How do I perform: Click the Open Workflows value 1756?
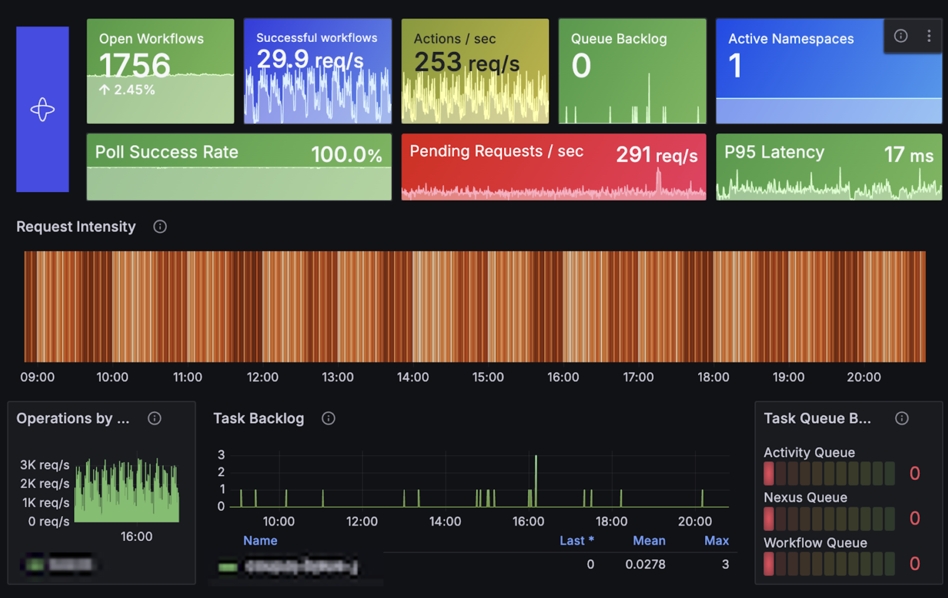pyautogui.click(x=134, y=65)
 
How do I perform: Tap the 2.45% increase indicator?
pyautogui.click(x=127, y=90)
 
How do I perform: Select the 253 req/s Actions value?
pyautogui.click(x=467, y=62)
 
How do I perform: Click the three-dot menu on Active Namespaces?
pyautogui.click(x=929, y=36)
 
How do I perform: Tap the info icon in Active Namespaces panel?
pyautogui.click(x=901, y=36)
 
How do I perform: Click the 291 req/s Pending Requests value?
pyautogui.click(x=656, y=154)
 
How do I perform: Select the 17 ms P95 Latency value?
pyautogui.click(x=908, y=154)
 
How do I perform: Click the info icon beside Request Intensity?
pyautogui.click(x=160, y=227)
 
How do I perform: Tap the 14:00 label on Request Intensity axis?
pyautogui.click(x=413, y=377)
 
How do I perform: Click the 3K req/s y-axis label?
pyautogui.click(x=44, y=465)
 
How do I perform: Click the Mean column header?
pyautogui.click(x=649, y=540)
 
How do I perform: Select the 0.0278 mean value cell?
pyautogui.click(x=645, y=564)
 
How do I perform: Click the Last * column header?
pyautogui.click(x=576, y=540)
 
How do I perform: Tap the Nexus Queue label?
pyautogui.click(x=805, y=497)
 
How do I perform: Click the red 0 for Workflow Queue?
pyautogui.click(x=914, y=563)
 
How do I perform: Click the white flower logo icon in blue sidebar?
pyautogui.click(x=42, y=109)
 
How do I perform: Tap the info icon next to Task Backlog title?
pyautogui.click(x=328, y=418)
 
